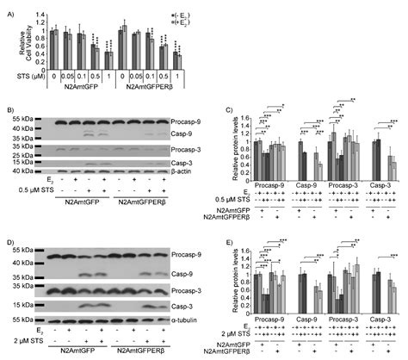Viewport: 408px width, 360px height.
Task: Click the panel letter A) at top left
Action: click(8, 7)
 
